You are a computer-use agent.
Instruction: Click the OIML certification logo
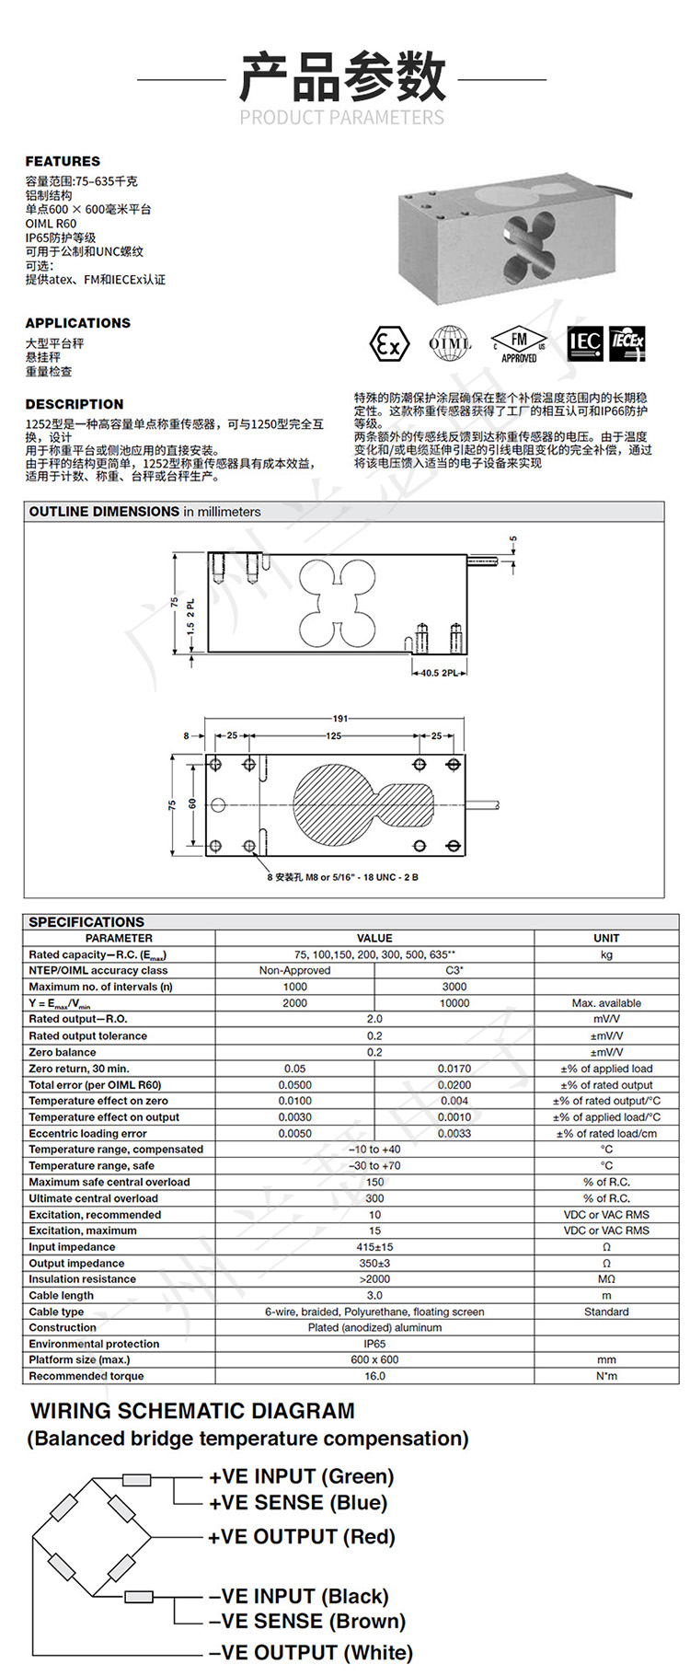[x=451, y=344]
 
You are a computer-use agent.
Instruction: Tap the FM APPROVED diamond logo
[x=518, y=344]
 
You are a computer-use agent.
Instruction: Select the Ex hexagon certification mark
[x=388, y=344]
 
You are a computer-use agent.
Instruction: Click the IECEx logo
[x=627, y=343]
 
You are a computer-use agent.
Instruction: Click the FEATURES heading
[x=63, y=161]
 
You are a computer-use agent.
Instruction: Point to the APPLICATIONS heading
[x=77, y=323]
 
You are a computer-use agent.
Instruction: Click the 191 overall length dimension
[x=340, y=718]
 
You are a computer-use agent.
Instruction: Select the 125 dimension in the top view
[x=333, y=735]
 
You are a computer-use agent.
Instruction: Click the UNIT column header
[x=606, y=938]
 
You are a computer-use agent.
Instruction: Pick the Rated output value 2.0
[x=374, y=1019]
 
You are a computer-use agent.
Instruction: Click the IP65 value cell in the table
[x=374, y=1344]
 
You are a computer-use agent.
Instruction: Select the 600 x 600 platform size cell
[x=374, y=1359]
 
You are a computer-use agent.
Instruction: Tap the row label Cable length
[x=62, y=1295]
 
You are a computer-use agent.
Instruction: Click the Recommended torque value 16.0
[x=374, y=1376]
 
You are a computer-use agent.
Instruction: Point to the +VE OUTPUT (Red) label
[x=301, y=1536]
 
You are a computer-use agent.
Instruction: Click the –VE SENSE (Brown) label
[x=306, y=1621]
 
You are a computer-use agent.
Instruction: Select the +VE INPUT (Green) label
[x=301, y=1476]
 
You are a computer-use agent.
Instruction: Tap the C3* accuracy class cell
[x=454, y=970]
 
